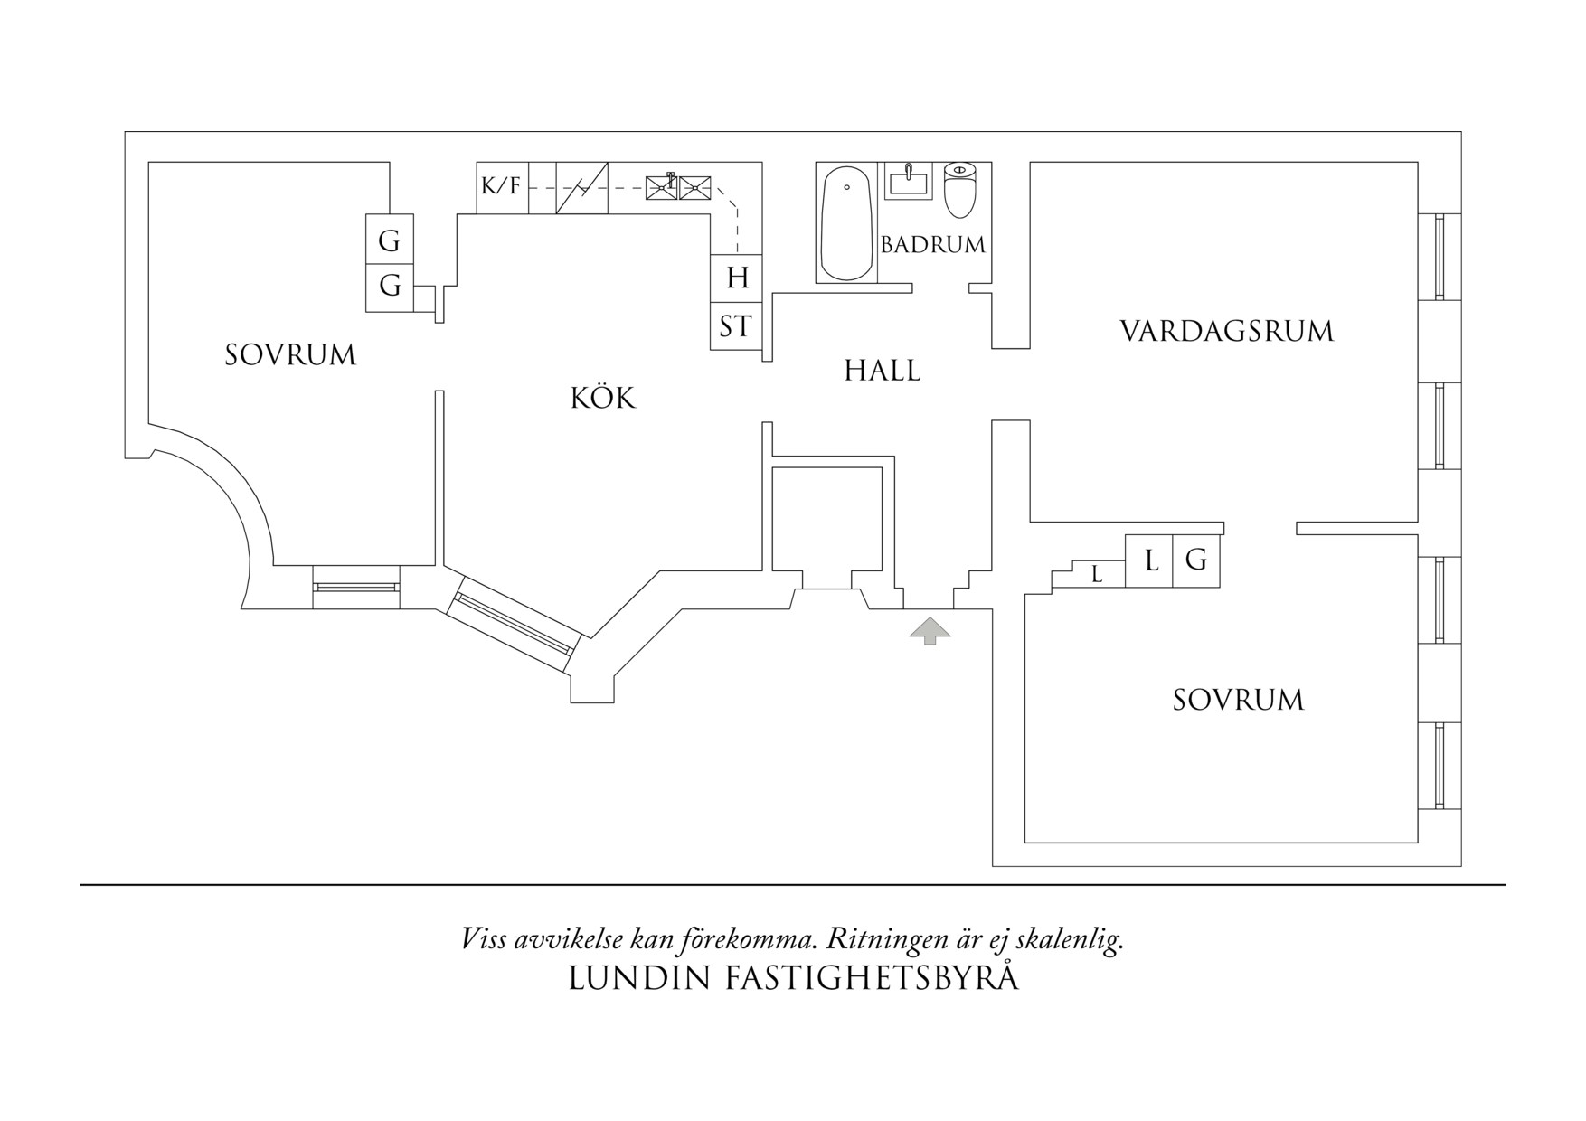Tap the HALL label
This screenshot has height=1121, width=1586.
(883, 371)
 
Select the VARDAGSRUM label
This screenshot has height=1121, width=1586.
(1227, 331)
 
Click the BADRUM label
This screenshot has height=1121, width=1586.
(933, 244)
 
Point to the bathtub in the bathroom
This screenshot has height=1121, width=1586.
(846, 223)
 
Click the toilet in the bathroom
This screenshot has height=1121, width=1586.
(960, 189)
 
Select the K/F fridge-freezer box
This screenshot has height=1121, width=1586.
(503, 188)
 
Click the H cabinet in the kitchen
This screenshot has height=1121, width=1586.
(737, 278)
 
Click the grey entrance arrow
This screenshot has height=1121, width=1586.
(930, 631)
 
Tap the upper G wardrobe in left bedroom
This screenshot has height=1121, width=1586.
(390, 240)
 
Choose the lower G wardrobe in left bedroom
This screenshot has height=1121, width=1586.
(390, 287)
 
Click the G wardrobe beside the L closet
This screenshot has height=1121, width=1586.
(1196, 560)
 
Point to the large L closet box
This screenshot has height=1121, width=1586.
(1149, 560)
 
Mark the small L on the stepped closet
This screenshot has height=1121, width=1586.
(1097, 574)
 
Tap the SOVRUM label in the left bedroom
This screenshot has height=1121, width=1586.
(290, 354)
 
